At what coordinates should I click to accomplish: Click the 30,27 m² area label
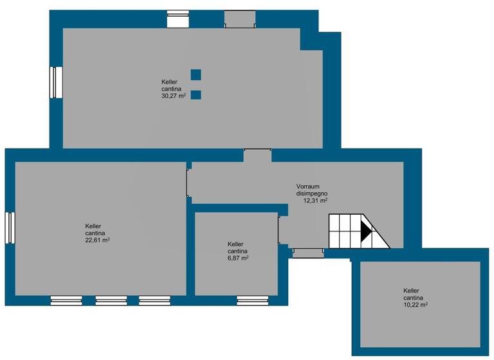pyautogui.click(x=173, y=96)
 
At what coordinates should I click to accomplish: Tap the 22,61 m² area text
pyautogui.click(x=96, y=240)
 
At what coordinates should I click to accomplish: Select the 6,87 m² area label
pyautogui.click(x=238, y=258)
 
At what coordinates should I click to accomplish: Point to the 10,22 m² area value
pyautogui.click(x=416, y=305)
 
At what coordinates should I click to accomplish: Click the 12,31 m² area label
pyautogui.click(x=315, y=201)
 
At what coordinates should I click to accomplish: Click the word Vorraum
pyautogui.click(x=308, y=186)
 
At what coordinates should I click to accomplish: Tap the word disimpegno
pyautogui.click(x=312, y=194)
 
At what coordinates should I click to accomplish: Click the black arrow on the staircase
pyautogui.click(x=365, y=231)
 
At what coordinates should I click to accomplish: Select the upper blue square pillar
pyautogui.click(x=196, y=75)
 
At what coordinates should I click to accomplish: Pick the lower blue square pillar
pyautogui.click(x=196, y=95)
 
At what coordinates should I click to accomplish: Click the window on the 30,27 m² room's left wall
pyautogui.click(x=56, y=82)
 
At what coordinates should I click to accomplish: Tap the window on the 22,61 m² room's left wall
pyautogui.click(x=10, y=228)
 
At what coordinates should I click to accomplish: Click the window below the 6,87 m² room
pyautogui.click(x=252, y=300)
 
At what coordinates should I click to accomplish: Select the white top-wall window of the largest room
pyautogui.click(x=178, y=19)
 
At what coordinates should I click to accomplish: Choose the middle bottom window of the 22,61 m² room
pyautogui.click(x=111, y=300)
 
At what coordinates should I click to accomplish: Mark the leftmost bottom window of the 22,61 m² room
pyautogui.click(x=66, y=300)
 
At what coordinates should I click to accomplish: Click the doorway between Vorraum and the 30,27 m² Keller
pyautogui.click(x=257, y=156)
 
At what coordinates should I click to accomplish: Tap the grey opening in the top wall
pyautogui.click(x=240, y=19)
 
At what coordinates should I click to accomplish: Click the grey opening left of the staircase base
pyautogui.click(x=308, y=253)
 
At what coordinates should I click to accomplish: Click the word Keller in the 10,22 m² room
pyautogui.click(x=412, y=291)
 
